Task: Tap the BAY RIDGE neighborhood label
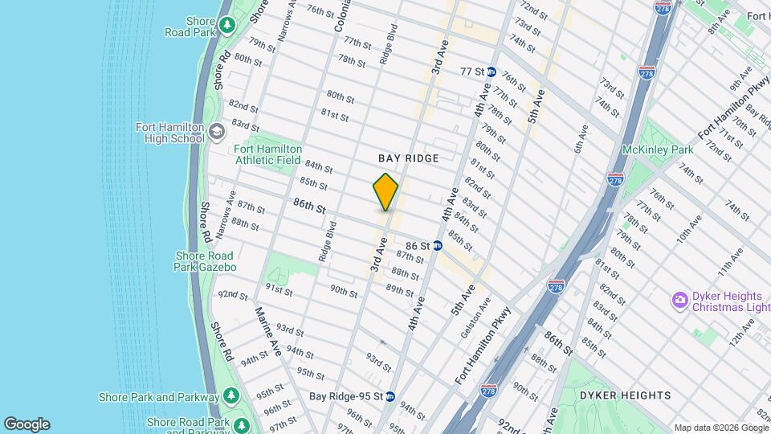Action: (x=409, y=158)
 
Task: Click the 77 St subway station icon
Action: (x=490, y=72)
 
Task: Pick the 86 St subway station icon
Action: (x=438, y=245)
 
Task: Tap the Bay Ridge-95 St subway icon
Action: (x=390, y=396)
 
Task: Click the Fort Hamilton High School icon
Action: (x=216, y=131)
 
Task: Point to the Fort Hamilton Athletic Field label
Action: (x=268, y=154)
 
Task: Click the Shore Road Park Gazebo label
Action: (x=206, y=261)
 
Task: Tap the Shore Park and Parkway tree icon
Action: (x=230, y=396)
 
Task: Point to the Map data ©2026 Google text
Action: (x=720, y=428)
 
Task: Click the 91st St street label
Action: (x=279, y=289)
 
